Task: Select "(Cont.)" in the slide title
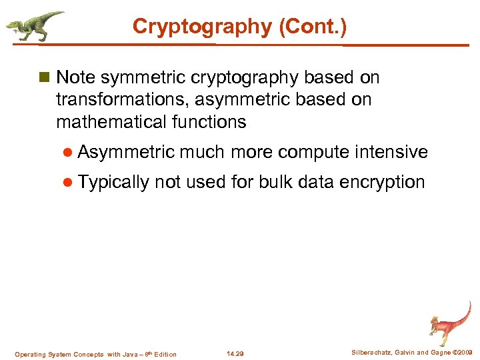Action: pyautogui.click(x=313, y=26)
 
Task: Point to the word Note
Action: pyautogui.click(x=76, y=78)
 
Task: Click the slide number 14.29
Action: pyautogui.click(x=235, y=354)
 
